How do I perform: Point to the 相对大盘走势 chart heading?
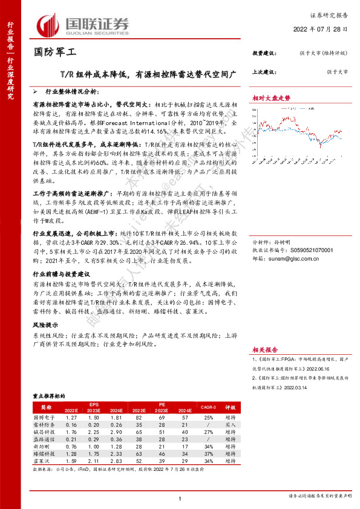(x=271, y=97)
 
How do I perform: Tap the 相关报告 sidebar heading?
(x=264, y=349)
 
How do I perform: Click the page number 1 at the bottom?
(x=180, y=499)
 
